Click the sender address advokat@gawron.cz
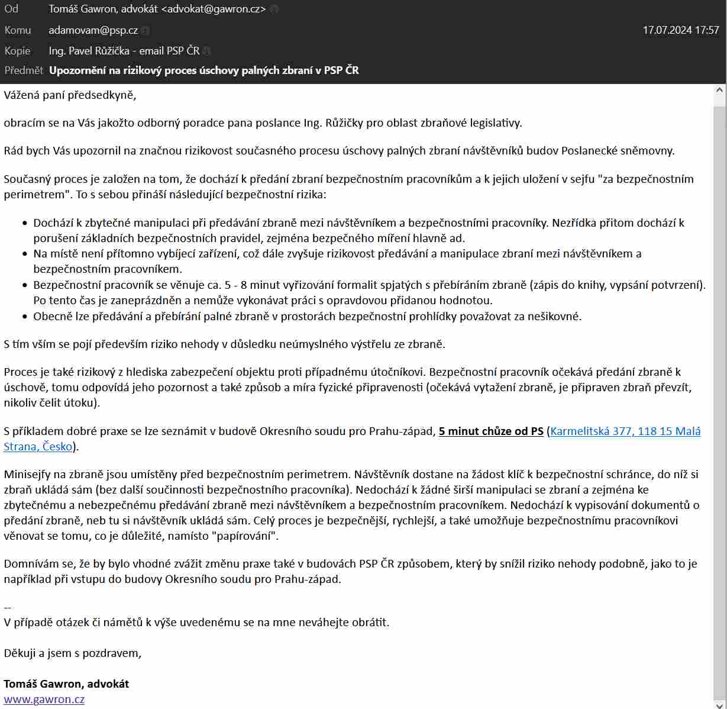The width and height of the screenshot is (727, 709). point(217,9)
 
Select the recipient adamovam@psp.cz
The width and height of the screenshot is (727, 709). point(93,30)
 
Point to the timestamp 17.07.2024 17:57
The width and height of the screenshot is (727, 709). point(681,30)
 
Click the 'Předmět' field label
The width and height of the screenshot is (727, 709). point(24,70)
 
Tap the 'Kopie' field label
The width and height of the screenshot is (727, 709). point(18,51)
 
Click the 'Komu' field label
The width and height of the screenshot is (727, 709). point(18,30)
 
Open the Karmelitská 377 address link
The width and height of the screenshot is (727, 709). point(625,431)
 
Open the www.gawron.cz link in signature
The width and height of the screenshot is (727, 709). point(44,699)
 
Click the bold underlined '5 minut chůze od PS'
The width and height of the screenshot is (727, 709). point(491,431)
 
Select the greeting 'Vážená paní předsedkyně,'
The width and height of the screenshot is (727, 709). point(70,95)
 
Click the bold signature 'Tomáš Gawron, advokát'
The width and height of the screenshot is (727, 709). point(66,684)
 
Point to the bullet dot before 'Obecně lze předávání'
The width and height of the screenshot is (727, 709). point(25,317)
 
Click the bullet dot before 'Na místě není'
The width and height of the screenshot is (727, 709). point(25,254)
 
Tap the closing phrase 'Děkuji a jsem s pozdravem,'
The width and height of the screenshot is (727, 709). point(73,653)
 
